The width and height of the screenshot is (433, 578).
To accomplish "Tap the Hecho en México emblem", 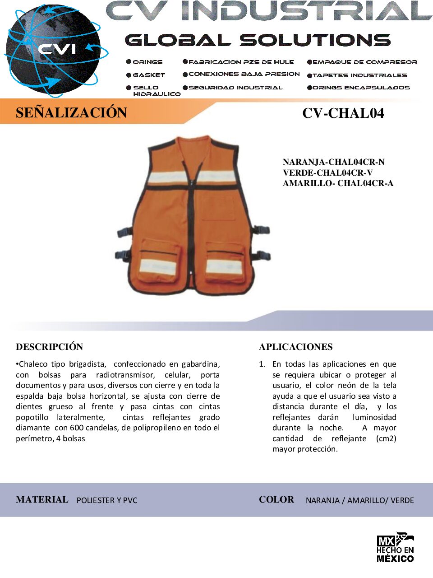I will click(x=395, y=547).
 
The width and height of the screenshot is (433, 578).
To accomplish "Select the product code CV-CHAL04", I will click(x=343, y=113).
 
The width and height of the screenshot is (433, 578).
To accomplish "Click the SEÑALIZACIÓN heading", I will click(x=71, y=112).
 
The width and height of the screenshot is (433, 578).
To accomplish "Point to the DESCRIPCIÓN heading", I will click(x=50, y=347).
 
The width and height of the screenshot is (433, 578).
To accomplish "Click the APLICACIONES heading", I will click(x=296, y=347).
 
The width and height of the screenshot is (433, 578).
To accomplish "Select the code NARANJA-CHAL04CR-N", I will click(x=333, y=162).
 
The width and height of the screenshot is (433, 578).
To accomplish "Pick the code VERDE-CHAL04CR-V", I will click(x=327, y=172).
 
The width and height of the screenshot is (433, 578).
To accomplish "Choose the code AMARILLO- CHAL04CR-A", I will click(x=338, y=183).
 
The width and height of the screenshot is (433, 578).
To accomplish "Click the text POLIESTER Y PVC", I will click(x=107, y=500).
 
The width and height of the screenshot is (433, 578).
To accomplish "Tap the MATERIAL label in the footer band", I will click(x=42, y=499).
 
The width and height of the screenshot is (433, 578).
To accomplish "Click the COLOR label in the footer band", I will click(x=276, y=499).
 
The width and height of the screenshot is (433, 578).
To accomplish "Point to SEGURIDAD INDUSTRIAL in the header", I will click(x=235, y=88).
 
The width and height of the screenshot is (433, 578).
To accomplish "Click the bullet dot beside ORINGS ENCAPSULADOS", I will click(x=309, y=88).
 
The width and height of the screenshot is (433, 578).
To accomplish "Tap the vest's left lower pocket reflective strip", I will click(x=157, y=266).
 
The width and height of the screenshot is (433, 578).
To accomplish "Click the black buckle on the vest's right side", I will click(x=263, y=231).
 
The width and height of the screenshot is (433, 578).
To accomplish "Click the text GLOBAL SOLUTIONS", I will click(x=258, y=40).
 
